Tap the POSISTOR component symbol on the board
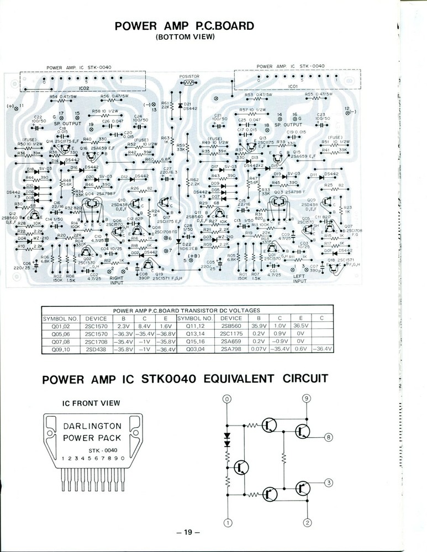(x=189, y=82)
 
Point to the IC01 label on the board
(x=293, y=87)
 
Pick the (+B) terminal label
(x=193, y=255)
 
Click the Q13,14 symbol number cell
(x=195, y=334)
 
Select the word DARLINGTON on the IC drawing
(x=92, y=427)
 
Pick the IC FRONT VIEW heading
(x=91, y=404)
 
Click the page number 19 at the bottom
(x=188, y=532)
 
